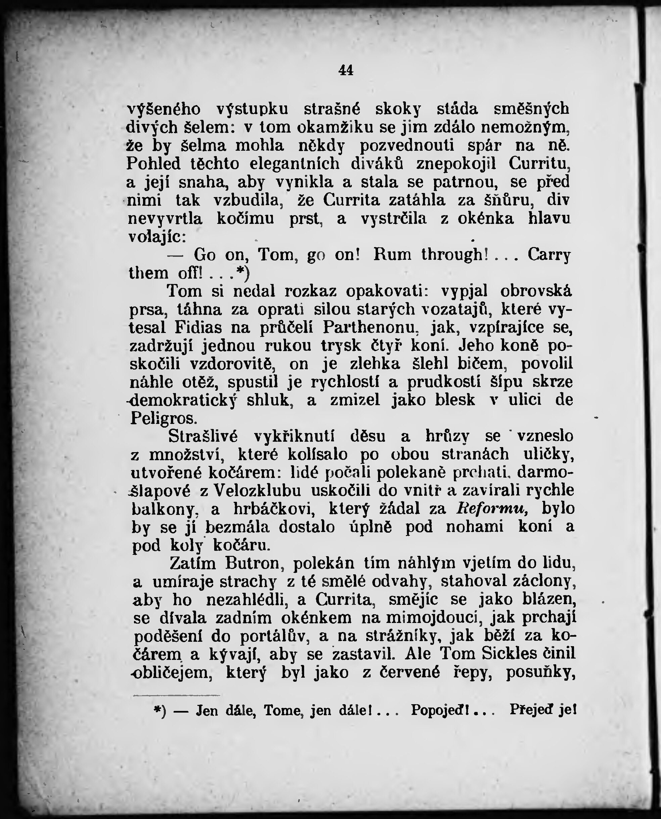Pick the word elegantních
pos(294,164)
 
